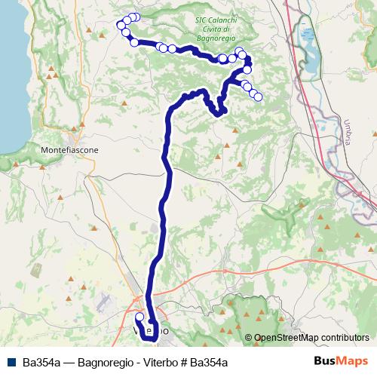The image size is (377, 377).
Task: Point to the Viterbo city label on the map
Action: (x=151, y=331)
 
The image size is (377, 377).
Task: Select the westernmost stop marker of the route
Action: (x=121, y=26)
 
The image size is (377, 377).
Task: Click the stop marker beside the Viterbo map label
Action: (x=139, y=317)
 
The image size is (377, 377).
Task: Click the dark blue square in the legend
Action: (x=9, y=362)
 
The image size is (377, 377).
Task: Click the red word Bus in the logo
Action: (x=325, y=361)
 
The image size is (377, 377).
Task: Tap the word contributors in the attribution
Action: (x=344, y=339)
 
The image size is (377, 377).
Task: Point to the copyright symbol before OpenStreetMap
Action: (x=249, y=339)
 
